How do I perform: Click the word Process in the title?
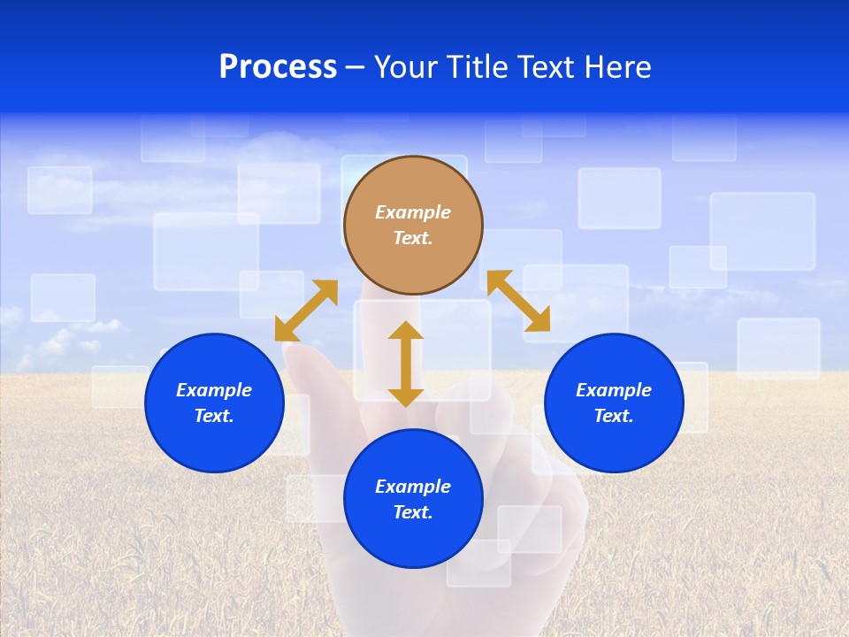pyautogui.click(x=278, y=67)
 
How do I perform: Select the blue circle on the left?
pyautogui.click(x=214, y=442)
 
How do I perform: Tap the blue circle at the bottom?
pyautogui.click(x=413, y=540)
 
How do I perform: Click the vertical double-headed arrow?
pyautogui.click(x=406, y=364)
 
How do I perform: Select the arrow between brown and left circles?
pyautogui.click(x=306, y=311)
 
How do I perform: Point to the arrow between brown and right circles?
pyautogui.click(x=518, y=301)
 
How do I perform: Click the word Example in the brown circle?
pyautogui.click(x=413, y=212)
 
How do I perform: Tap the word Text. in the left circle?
pyautogui.click(x=214, y=416)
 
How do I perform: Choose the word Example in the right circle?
pyautogui.click(x=614, y=390)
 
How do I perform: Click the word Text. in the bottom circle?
pyautogui.click(x=413, y=512)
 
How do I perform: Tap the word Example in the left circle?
pyautogui.click(x=214, y=390)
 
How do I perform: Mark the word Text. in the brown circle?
pyautogui.click(x=413, y=238)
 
